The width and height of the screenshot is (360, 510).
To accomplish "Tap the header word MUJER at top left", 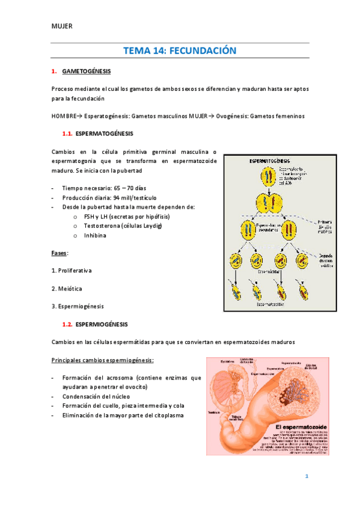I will coord(62,26).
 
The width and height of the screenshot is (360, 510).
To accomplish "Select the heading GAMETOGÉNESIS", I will coord(87,72).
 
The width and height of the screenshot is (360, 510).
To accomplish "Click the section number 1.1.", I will coord(67,133).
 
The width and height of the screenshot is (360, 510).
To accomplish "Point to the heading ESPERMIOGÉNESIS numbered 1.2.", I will coord(102,324).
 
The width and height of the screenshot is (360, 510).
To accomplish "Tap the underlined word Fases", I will coord(59,253).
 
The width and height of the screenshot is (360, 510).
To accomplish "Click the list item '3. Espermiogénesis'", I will coord(78,306).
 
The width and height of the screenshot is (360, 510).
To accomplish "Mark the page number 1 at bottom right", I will coord(307,476).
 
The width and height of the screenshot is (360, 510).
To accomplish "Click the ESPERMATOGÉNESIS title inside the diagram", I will coord(269,162).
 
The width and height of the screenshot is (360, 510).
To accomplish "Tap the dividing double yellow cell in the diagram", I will coord(268,202).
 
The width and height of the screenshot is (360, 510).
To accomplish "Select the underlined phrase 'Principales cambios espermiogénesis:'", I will coord(103,360).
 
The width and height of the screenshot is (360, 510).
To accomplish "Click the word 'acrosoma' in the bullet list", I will coord(117,378).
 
